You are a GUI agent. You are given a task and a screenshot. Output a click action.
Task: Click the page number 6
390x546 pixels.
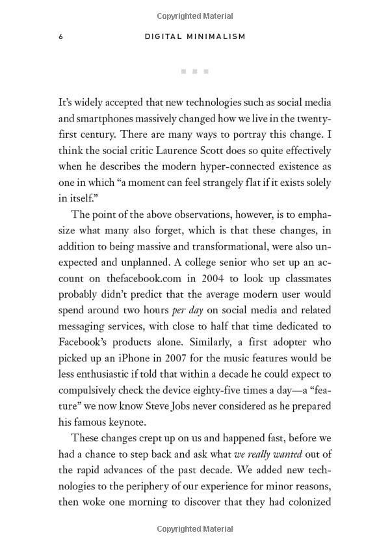[x=60, y=37]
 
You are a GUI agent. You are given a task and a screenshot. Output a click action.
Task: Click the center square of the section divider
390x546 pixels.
[x=194, y=71]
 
